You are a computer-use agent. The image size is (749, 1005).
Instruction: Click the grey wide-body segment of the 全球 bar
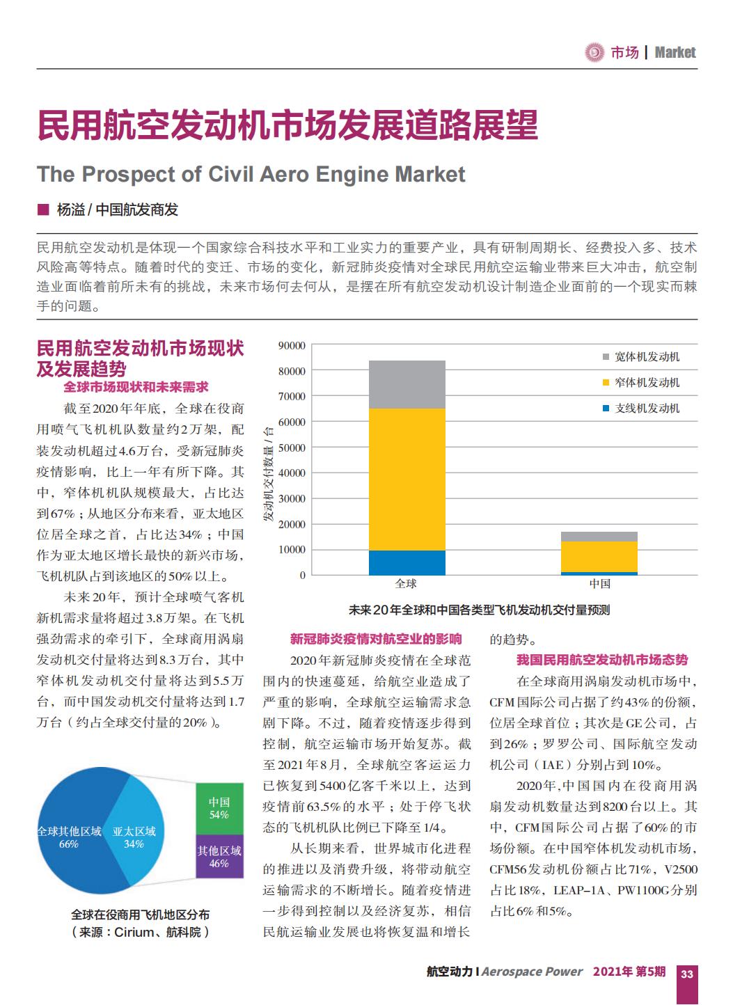(x=407, y=384)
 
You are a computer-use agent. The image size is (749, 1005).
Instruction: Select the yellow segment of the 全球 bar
(x=407, y=480)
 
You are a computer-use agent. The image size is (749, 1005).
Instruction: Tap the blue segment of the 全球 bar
(x=407, y=563)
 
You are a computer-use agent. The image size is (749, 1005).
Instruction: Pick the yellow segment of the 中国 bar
(x=599, y=557)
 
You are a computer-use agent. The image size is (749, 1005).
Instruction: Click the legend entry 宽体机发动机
(x=641, y=357)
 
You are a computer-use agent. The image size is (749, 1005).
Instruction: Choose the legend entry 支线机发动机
(x=641, y=409)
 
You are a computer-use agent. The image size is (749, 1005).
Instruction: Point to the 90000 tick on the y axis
(x=292, y=346)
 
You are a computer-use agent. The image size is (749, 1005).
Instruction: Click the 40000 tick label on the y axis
(x=292, y=473)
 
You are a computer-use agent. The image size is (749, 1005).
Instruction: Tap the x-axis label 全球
(x=406, y=584)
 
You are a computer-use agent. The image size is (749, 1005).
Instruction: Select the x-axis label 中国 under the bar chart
(x=599, y=584)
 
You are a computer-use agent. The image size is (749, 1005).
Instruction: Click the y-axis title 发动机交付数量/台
(x=269, y=473)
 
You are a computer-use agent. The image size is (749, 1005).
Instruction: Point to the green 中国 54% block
(x=219, y=808)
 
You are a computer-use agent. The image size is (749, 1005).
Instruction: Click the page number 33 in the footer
(x=687, y=974)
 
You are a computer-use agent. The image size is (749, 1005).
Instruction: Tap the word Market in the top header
(x=675, y=53)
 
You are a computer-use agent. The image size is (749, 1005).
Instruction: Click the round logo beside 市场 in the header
(x=594, y=53)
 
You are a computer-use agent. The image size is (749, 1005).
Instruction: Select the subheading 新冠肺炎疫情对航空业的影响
(x=376, y=639)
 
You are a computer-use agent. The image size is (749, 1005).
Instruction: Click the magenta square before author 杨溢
(x=43, y=209)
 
